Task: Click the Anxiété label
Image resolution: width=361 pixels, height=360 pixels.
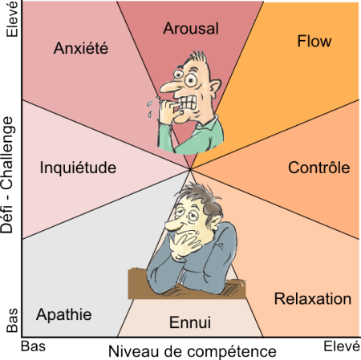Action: tap(81, 48)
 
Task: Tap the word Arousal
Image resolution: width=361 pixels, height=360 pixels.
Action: tap(191, 28)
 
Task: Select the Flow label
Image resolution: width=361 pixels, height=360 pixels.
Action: tap(314, 41)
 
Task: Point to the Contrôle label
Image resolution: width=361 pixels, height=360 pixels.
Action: tap(319, 168)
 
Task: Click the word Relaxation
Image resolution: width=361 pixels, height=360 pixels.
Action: tap(313, 298)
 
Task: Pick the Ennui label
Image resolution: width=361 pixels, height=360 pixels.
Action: tap(190, 322)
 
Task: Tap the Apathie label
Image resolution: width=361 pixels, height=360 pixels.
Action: tap(64, 314)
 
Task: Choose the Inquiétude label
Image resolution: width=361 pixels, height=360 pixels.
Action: tap(78, 168)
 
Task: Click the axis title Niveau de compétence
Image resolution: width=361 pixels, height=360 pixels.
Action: tap(193, 351)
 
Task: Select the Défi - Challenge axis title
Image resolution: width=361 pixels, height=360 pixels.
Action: tap(7, 176)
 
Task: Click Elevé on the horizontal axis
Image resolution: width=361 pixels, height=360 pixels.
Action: tap(342, 346)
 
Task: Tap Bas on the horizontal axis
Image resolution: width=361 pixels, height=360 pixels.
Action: tap(33, 346)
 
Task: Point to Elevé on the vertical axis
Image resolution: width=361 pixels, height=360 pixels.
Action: tap(12, 19)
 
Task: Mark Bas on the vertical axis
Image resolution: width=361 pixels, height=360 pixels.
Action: tap(12, 321)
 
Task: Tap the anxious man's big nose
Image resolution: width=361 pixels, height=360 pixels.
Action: tap(168, 87)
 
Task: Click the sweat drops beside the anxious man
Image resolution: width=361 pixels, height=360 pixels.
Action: tap(150, 109)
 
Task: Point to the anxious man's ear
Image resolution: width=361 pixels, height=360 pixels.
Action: tap(214, 87)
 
